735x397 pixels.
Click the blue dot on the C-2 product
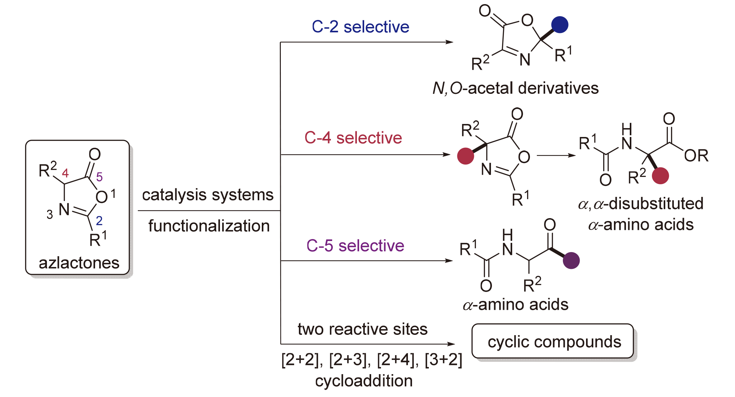[560, 25]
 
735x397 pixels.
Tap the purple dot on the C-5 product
[571, 261]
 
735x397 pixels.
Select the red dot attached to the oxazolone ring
[466, 156]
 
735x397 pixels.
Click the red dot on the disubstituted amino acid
[660, 176]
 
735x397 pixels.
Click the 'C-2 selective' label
[360, 27]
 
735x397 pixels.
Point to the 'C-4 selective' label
[353, 138]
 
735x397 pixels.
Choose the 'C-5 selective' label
[355, 246]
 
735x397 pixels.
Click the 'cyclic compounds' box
[553, 342]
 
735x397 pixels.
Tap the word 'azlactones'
[79, 263]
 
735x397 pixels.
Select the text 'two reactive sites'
[363, 329]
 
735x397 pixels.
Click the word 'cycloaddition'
[364, 381]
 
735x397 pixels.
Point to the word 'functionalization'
[209, 226]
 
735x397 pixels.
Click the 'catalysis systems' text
[208, 195]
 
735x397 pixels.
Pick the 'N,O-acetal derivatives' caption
[515, 88]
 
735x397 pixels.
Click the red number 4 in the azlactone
[65, 173]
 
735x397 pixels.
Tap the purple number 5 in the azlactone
[100, 177]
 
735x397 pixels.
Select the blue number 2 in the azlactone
[99, 221]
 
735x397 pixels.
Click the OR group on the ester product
[696, 156]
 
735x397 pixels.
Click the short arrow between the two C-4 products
[556, 155]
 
